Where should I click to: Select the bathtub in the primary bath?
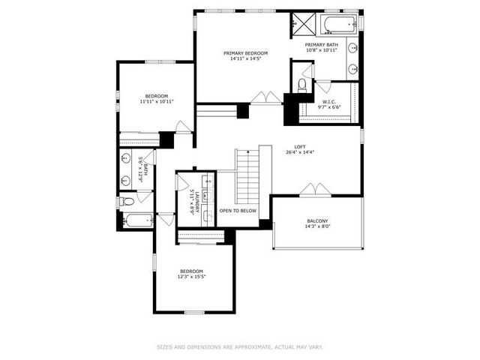[x=338, y=24]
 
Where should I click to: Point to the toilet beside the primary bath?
[x=301, y=85]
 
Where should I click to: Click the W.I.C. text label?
[x=329, y=101]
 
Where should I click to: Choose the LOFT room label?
[x=300, y=146]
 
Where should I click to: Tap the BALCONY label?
[x=317, y=220]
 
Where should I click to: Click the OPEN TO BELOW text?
[x=238, y=211]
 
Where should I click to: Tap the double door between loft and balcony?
[x=312, y=189]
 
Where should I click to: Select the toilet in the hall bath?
[x=127, y=201]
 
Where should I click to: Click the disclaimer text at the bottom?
[x=240, y=346]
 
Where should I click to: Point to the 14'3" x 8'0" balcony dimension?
[x=317, y=226]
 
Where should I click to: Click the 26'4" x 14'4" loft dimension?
[x=300, y=152]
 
